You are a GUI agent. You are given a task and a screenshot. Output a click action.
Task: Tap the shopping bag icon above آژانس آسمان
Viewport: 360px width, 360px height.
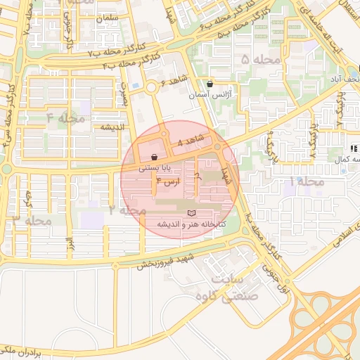click(210, 84)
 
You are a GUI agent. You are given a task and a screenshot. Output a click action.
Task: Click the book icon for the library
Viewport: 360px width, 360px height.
click(191, 212)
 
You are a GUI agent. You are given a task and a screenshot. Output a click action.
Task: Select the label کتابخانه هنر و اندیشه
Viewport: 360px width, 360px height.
click(191, 224)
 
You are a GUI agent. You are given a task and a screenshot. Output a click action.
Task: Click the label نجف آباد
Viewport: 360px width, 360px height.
click(347, 79)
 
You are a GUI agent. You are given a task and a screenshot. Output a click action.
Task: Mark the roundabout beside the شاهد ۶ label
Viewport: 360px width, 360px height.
click(152, 87)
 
